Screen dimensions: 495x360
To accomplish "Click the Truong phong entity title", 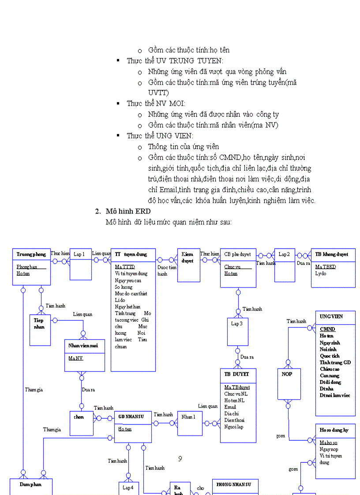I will pos(31,254).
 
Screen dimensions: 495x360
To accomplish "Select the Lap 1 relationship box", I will pos(81,264).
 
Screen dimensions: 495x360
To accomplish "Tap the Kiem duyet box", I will pos(188,264).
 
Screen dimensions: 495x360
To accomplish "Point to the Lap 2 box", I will pos(285,265).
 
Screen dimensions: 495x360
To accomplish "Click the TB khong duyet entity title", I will pos(332,254).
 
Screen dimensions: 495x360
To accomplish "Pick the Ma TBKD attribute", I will pos(326,267).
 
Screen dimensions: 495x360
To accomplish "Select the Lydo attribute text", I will pos(321,273).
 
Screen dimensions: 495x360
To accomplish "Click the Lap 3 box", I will pos(237,331).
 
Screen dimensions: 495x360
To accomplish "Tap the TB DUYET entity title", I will pos(237,374).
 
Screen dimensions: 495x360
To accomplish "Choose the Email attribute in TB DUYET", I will pos(230,407).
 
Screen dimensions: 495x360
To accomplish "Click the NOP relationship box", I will pos(287,383).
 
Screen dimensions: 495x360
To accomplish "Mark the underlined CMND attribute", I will pos(327,329).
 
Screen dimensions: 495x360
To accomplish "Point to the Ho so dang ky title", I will pos(334,430).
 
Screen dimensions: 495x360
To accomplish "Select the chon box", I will pos(81,423).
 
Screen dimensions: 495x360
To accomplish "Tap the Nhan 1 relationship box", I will pos(190,423).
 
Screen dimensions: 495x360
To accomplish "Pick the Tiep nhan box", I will pos(39,330).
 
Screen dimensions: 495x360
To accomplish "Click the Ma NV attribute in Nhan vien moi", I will pos(75,358).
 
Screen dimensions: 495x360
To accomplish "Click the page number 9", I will pos(180,458).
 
